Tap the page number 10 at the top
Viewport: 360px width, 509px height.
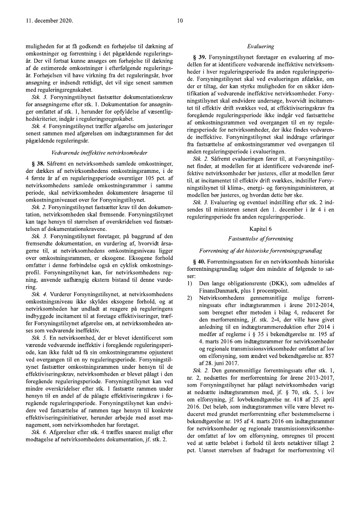coord(180,20)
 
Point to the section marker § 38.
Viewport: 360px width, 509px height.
coord(38,164)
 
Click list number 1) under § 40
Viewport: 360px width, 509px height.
coord(190,283)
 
